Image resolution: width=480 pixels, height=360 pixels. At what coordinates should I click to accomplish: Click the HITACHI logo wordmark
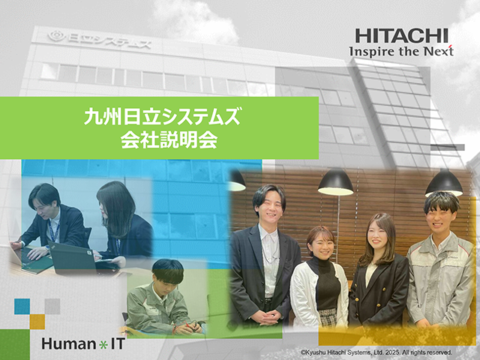tap(401, 36)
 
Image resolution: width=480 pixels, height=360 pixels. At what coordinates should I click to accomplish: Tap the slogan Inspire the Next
tap(401, 51)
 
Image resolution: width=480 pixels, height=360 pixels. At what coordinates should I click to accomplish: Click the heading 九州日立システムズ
tap(163, 117)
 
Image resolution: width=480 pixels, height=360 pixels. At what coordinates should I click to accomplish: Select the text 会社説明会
tap(169, 140)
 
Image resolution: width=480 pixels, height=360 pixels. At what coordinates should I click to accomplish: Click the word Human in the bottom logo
tap(68, 343)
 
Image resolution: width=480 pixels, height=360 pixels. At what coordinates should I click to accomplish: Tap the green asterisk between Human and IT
tap(103, 345)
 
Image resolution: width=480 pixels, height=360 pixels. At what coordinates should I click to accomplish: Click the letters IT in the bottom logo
tap(118, 343)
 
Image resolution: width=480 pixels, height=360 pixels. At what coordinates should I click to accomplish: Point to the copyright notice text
tap(376, 352)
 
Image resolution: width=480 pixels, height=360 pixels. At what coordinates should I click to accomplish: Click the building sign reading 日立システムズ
tap(100, 40)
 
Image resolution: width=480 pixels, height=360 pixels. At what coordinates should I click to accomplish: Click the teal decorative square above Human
tap(22, 307)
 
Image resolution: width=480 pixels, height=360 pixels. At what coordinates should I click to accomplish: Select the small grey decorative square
tap(52, 307)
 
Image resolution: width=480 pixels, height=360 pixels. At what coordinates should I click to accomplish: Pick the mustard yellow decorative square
tap(37, 322)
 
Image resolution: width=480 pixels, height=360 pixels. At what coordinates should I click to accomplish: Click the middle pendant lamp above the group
tap(335, 182)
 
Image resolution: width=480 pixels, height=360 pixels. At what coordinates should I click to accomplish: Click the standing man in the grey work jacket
tap(441, 260)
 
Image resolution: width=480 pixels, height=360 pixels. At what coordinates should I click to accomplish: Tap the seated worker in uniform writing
tap(163, 297)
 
